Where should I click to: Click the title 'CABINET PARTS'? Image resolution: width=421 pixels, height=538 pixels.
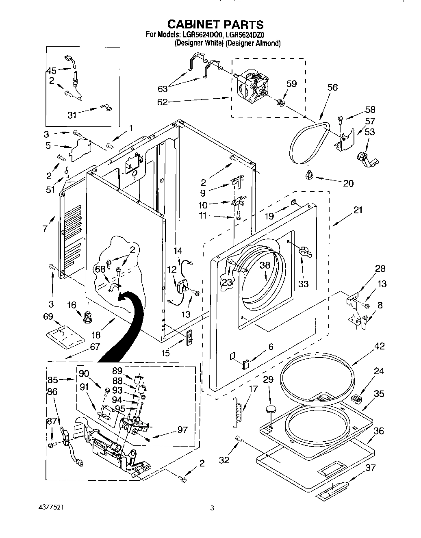[210, 25]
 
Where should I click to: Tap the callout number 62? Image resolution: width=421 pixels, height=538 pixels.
[162, 102]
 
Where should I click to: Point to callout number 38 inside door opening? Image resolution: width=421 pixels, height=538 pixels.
[265, 265]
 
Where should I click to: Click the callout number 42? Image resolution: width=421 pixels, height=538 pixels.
[379, 346]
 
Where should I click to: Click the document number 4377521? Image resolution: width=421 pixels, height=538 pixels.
[48, 508]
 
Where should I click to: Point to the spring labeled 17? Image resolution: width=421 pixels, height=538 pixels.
[238, 412]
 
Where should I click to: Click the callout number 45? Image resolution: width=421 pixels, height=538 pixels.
[51, 70]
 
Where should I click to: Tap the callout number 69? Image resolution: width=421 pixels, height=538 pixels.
[48, 315]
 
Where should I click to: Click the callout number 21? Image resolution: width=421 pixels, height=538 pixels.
[358, 210]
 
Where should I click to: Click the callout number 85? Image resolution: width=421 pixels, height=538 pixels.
[52, 380]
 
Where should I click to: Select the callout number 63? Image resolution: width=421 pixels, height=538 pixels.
[162, 88]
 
